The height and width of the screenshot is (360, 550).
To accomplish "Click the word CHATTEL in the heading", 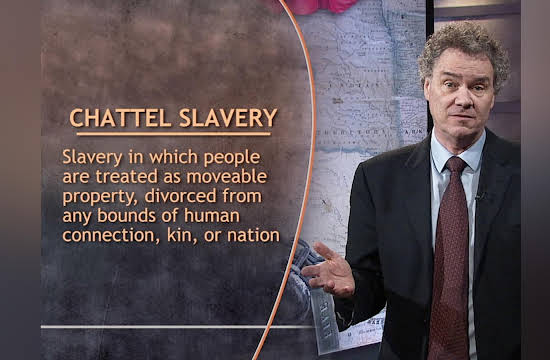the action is (120, 118).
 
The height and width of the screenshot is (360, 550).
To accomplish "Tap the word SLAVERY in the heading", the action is (228, 118).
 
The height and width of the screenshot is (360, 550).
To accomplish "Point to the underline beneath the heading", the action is (174, 134).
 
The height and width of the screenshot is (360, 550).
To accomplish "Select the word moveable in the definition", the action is (227, 176).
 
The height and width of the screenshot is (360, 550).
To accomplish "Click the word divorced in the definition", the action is (180, 196).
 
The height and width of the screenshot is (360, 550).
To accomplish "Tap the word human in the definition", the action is (212, 215).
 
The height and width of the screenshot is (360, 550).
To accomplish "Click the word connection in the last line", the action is (109, 235).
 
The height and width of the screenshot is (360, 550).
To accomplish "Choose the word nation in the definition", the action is (254, 235).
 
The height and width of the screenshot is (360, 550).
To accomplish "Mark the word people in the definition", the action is (232, 158).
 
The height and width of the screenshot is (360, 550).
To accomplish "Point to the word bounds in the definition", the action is (127, 215).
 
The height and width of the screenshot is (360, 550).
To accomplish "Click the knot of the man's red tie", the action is (455, 165).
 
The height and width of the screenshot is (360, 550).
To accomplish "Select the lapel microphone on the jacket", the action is (479, 195).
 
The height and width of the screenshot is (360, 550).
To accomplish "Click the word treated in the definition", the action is (127, 176).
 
